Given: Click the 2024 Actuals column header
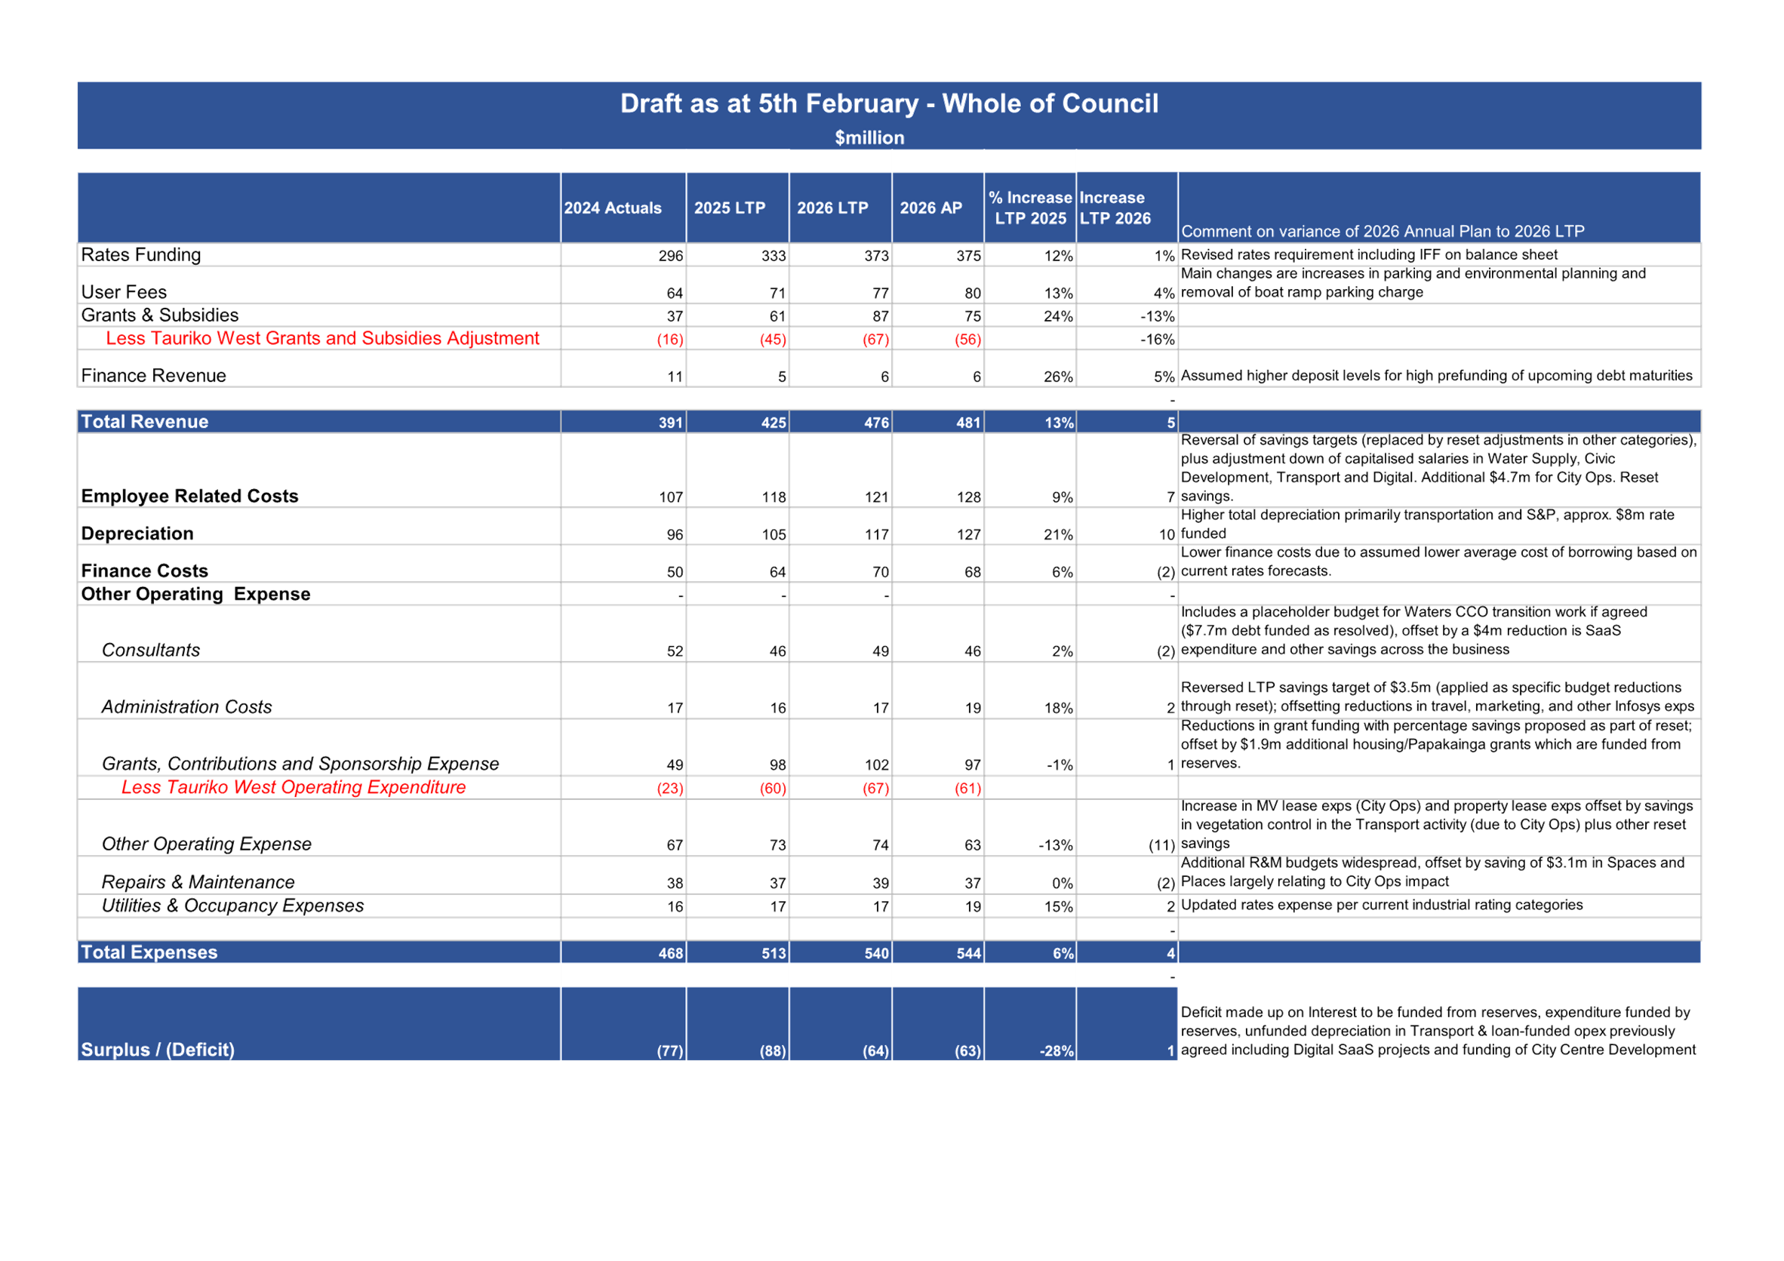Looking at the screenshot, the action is click(x=612, y=208).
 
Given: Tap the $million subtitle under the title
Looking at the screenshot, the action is click(x=869, y=137).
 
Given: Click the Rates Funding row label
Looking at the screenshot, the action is click(x=140, y=255).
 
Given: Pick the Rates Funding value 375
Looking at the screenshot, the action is click(x=968, y=256).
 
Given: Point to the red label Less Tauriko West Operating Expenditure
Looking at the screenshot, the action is click(x=294, y=787).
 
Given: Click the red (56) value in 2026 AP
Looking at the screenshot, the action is click(x=967, y=340).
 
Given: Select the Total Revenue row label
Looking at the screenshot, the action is click(x=145, y=421).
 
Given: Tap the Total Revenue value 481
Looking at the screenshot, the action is click(x=968, y=423).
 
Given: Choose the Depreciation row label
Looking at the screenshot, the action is click(x=137, y=534).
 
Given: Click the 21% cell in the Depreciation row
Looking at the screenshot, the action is click(x=1058, y=534).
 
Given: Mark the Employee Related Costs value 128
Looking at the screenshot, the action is click(x=968, y=497).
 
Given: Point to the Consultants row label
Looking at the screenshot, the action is click(x=151, y=650).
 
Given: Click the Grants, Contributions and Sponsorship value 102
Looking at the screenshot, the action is click(x=876, y=765).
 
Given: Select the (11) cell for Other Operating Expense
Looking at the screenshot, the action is click(x=1161, y=845).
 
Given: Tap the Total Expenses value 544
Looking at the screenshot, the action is click(x=968, y=953).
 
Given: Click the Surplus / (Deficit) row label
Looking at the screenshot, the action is click(x=158, y=1050).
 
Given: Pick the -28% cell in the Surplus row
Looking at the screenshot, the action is click(x=1057, y=1051).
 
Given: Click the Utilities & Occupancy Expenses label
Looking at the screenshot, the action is click(x=232, y=906).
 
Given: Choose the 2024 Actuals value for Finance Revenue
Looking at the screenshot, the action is click(x=675, y=377).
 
